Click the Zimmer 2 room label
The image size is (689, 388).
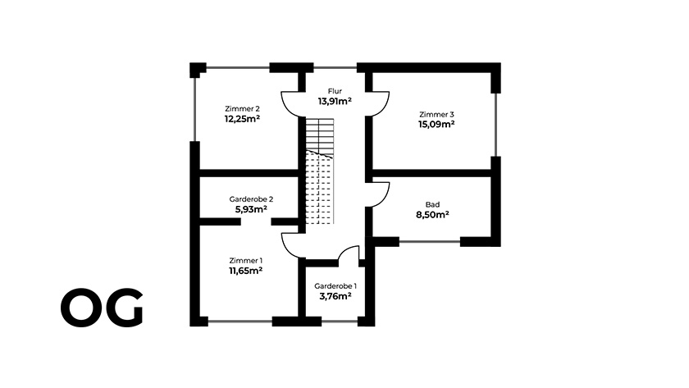242,108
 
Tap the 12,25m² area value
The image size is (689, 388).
242,119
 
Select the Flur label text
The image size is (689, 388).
335,91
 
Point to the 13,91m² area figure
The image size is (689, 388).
335,101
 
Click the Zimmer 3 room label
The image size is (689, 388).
436,114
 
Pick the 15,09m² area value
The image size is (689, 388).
436,125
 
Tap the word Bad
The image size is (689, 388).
432,205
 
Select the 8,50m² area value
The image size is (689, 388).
432,215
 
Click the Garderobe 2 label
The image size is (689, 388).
251,199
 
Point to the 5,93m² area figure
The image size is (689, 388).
251,209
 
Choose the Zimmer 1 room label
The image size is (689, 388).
245,261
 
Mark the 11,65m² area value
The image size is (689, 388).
245,271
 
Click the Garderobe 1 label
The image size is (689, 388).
335,286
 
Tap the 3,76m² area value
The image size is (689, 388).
335,296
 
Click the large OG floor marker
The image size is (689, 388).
102,308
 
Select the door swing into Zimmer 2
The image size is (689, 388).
288,109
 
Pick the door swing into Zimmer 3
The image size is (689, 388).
384,109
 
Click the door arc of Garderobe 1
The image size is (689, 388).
345,249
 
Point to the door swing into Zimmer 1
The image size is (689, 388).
288,250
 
